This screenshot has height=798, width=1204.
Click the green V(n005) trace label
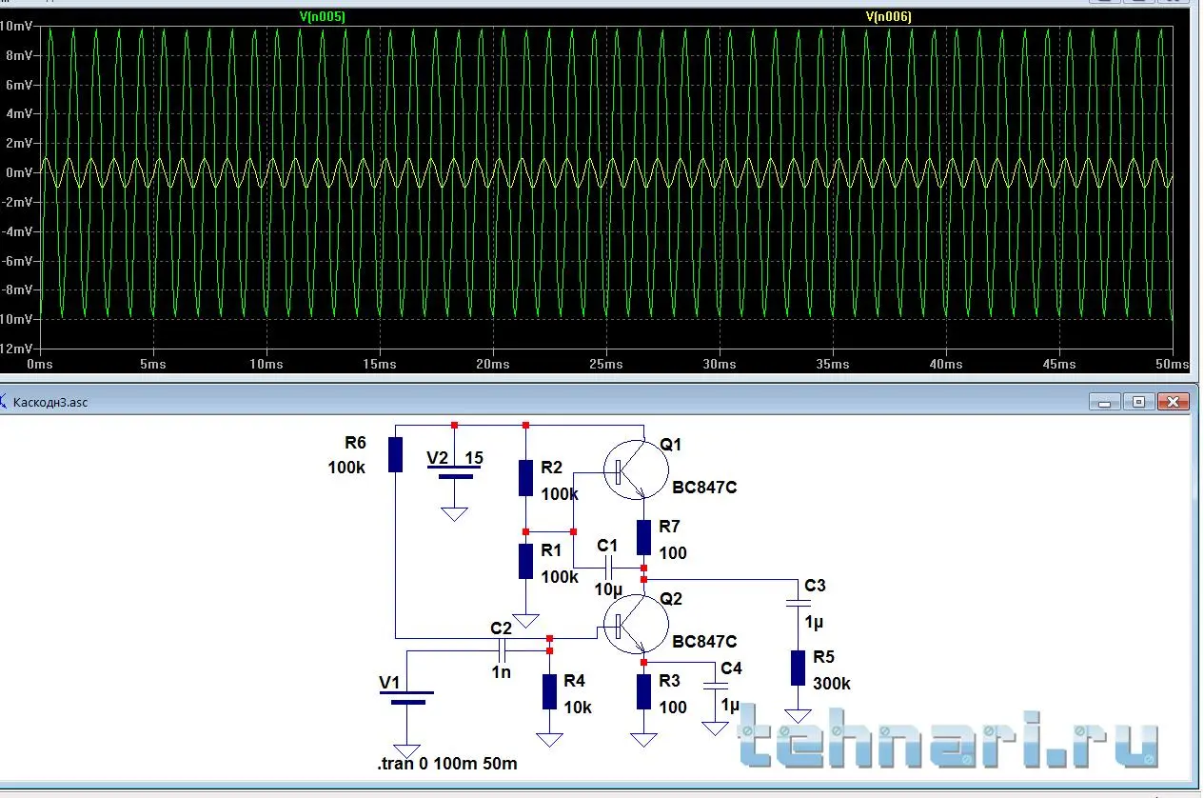[322, 16]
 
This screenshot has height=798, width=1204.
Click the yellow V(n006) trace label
[888, 16]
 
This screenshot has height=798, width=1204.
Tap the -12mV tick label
[17, 349]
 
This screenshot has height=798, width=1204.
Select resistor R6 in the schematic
[395, 454]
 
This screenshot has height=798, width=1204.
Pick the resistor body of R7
[643, 538]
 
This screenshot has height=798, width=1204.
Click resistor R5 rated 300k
[798, 668]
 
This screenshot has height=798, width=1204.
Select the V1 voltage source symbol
[407, 698]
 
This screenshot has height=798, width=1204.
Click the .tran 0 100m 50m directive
[447, 764]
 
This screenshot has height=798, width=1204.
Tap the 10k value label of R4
[577, 708]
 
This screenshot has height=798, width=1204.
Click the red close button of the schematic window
[1174, 402]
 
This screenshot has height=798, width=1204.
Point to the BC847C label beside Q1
[704, 488]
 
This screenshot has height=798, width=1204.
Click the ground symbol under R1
[525, 620]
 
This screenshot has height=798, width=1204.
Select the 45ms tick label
[1059, 364]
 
